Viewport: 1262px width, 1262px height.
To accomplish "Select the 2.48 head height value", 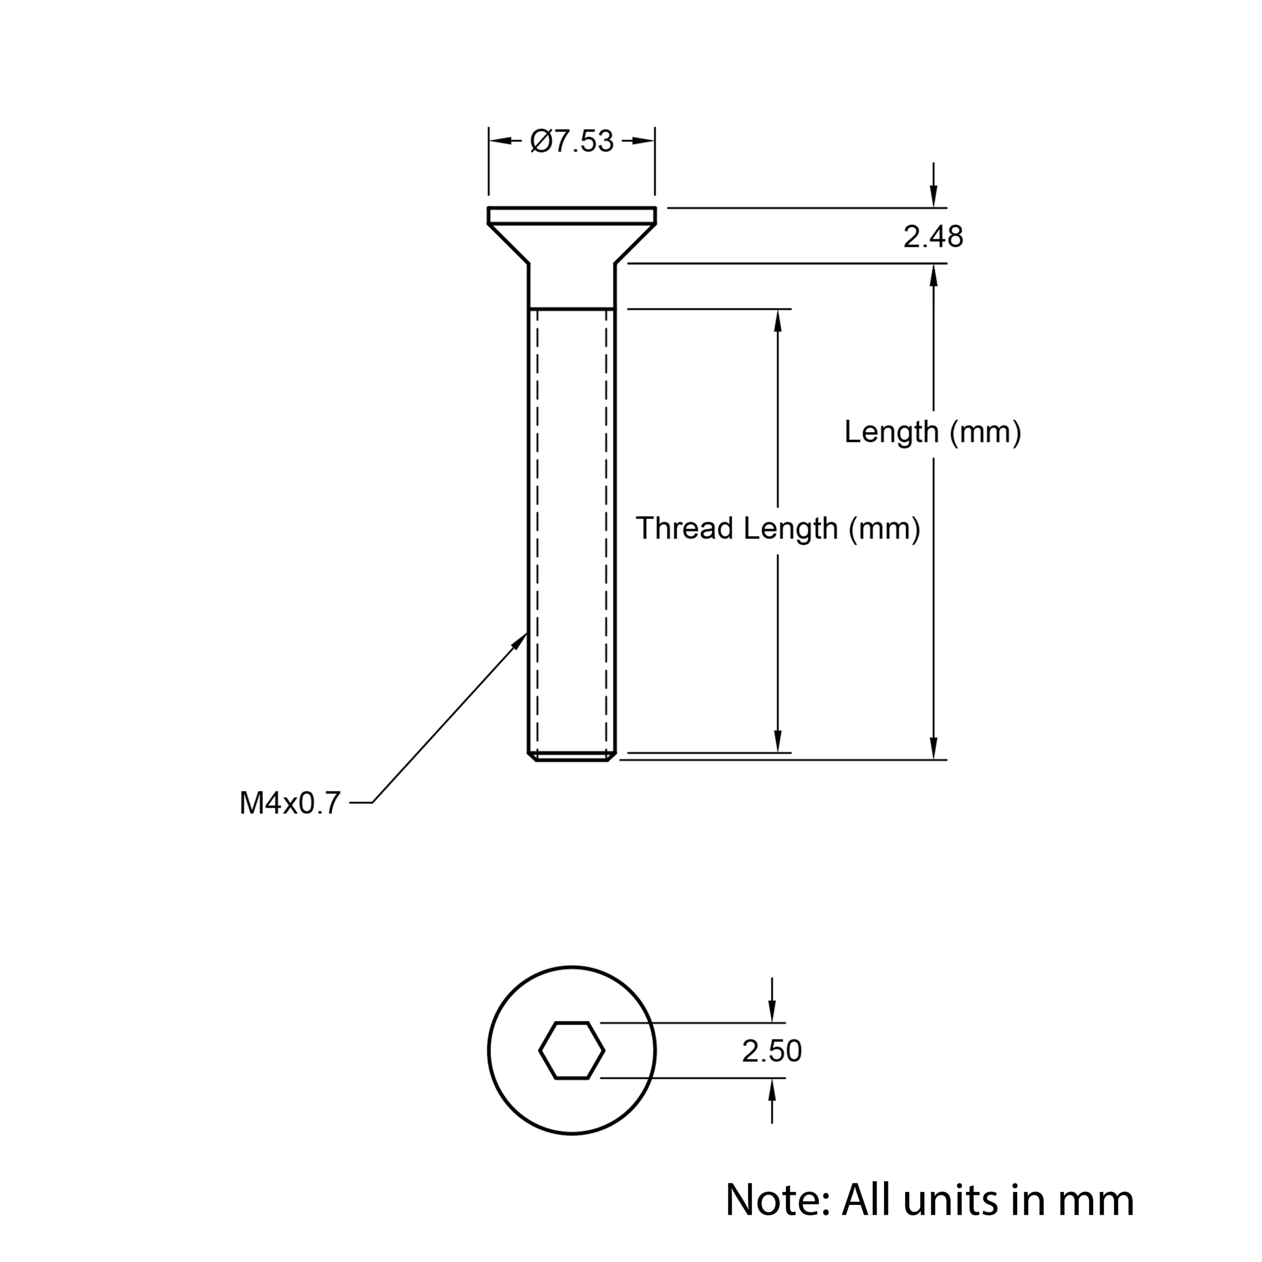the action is [x=933, y=237].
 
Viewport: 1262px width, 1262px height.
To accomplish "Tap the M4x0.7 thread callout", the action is [x=290, y=803].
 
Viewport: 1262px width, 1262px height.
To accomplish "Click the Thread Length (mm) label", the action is [x=778, y=528].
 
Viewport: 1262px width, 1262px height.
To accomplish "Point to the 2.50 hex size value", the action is [x=771, y=1051].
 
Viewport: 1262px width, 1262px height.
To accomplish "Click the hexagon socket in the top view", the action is [x=571, y=1051].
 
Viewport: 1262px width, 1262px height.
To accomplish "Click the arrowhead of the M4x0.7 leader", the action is [x=520, y=640].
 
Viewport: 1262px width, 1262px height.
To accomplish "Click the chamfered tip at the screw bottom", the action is [x=571, y=757].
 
